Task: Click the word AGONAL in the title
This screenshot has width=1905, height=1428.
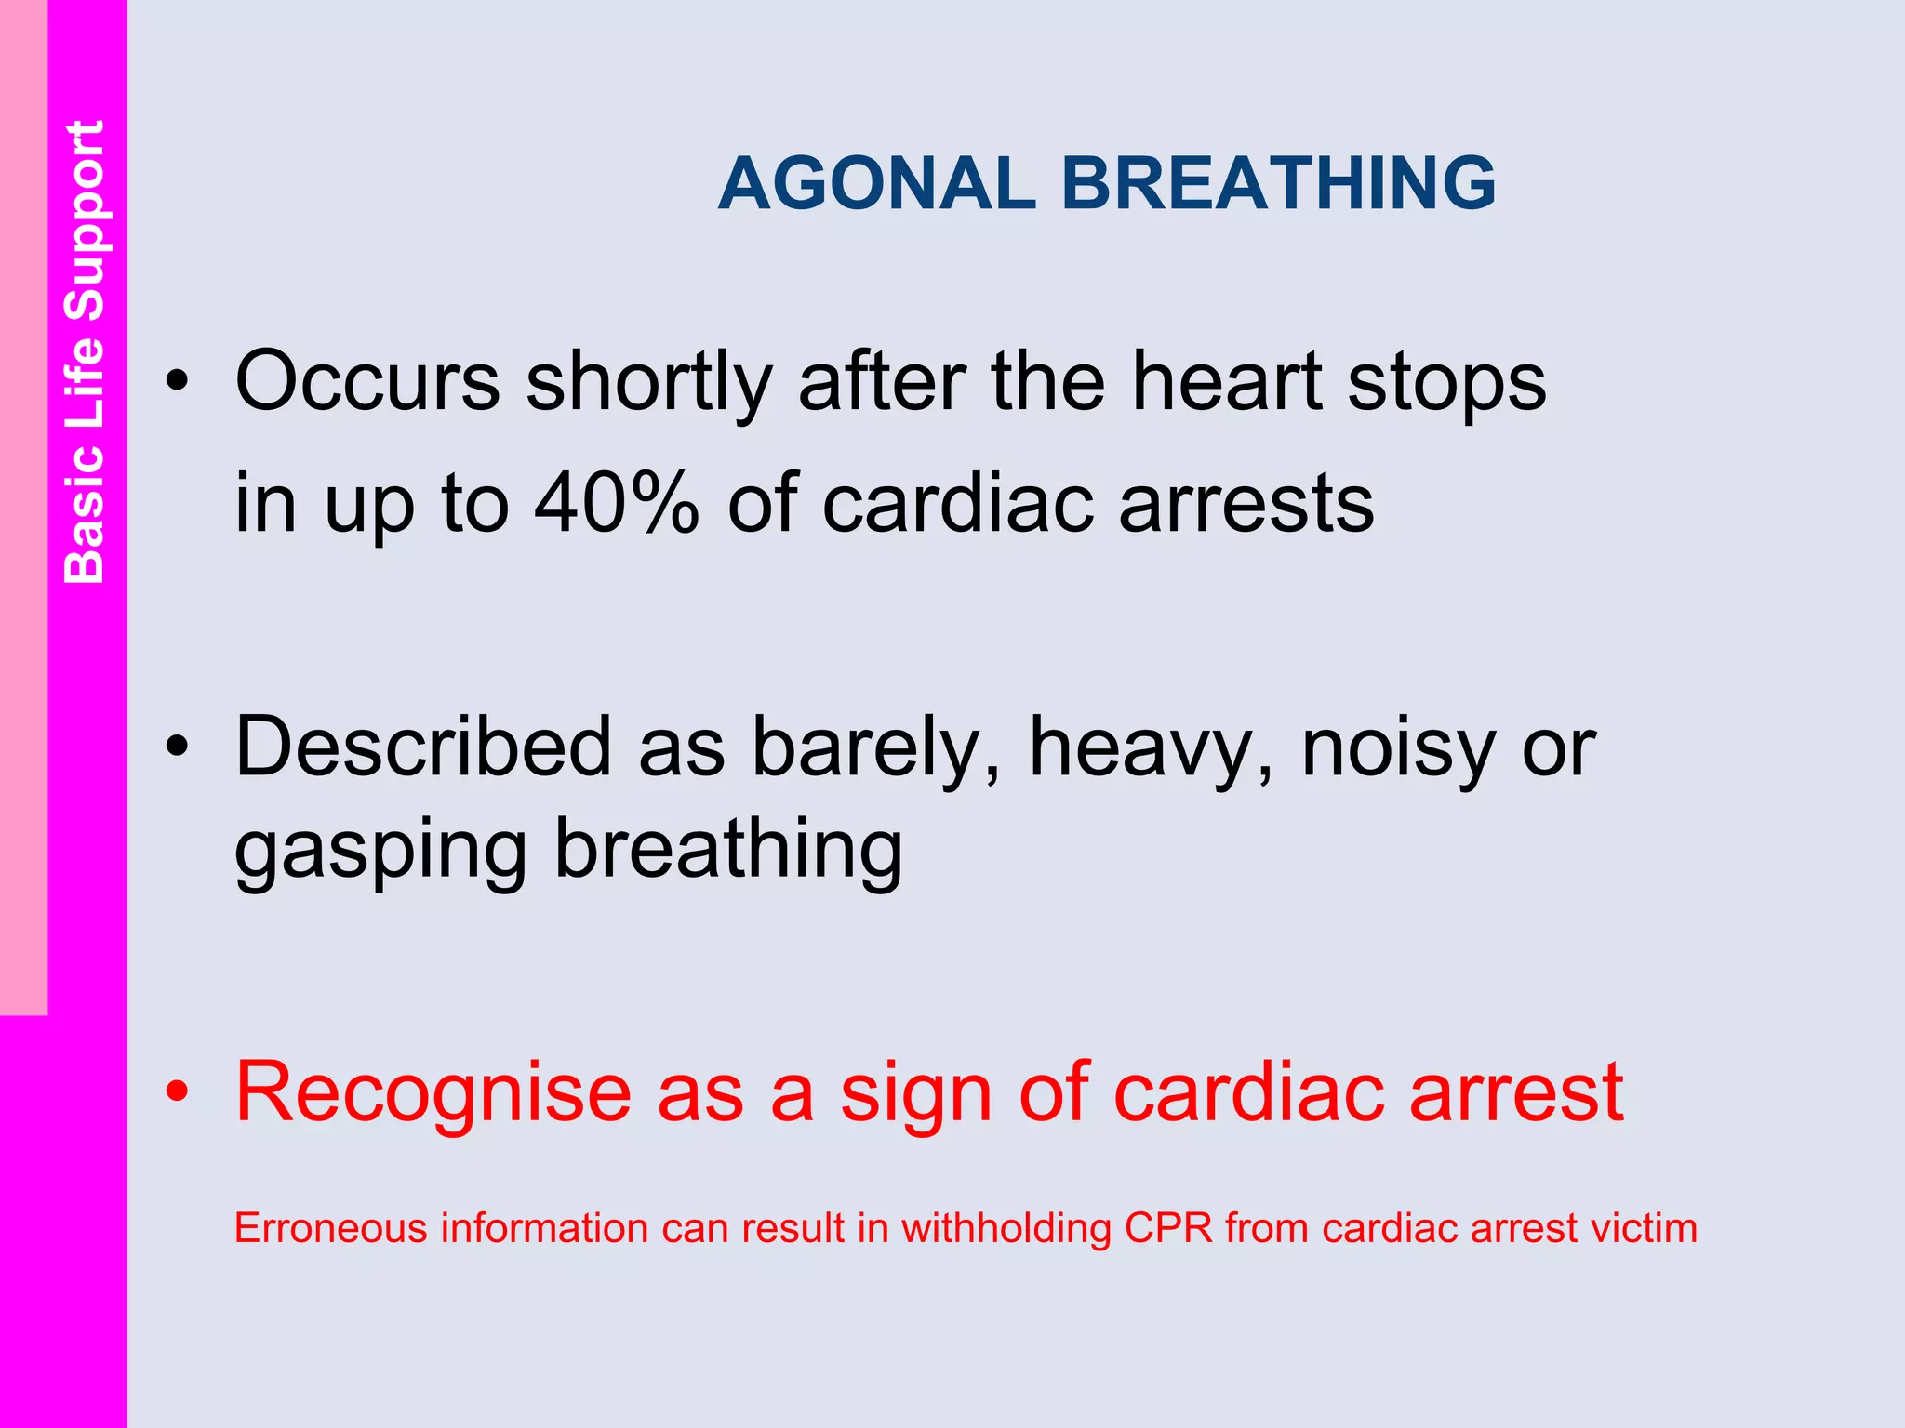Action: [x=876, y=183]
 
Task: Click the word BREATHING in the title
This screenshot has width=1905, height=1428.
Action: [x=1278, y=183]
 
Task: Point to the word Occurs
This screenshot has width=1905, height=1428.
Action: [x=367, y=381]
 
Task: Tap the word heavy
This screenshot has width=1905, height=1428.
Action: [x=1150, y=749]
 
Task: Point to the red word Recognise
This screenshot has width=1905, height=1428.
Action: [x=433, y=1093]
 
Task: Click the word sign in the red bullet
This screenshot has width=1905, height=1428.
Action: [x=917, y=1095]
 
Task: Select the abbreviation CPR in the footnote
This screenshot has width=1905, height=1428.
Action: [x=1168, y=1228]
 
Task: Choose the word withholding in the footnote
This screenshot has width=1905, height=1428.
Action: [x=1006, y=1229]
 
